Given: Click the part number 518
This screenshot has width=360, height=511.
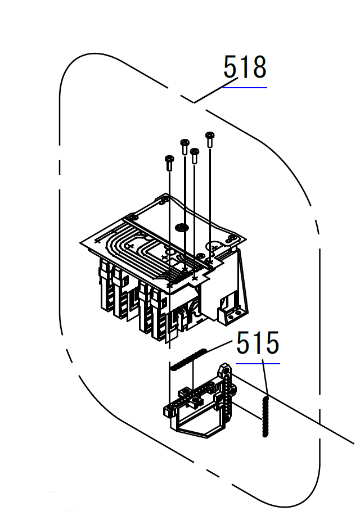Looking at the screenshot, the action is click(x=245, y=67).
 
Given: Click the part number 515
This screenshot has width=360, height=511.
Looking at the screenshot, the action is click(x=258, y=342).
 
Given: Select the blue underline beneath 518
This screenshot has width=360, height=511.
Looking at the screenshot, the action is click(x=245, y=87).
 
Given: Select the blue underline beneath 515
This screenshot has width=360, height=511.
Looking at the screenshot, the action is click(x=258, y=363).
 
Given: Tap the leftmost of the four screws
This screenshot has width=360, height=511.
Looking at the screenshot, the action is click(x=169, y=163).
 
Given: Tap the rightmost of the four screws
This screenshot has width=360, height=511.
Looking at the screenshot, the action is click(x=210, y=139).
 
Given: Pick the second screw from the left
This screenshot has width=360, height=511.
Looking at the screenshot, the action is click(x=184, y=147).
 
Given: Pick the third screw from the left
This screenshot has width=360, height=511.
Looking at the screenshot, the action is click(x=195, y=156).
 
